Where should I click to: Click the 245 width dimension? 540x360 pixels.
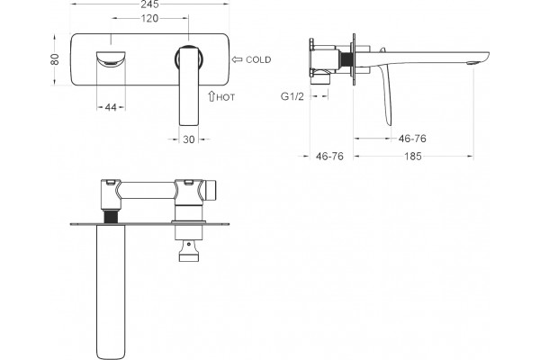149,4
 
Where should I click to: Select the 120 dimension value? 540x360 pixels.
149,18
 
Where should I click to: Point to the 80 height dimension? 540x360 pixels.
55,59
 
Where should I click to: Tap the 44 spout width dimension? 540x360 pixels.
111,107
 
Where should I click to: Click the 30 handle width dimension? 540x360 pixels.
189,139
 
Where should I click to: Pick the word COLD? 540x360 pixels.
258,59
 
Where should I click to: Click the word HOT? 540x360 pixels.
226,97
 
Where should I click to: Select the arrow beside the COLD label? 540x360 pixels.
237,59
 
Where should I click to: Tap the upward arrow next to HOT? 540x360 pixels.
211,95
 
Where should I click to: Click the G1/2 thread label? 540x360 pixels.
292,96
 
